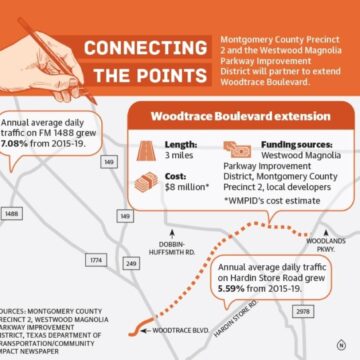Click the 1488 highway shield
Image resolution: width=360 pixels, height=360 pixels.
click(x=12, y=213)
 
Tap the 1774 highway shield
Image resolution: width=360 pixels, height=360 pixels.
click(x=96, y=259)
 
